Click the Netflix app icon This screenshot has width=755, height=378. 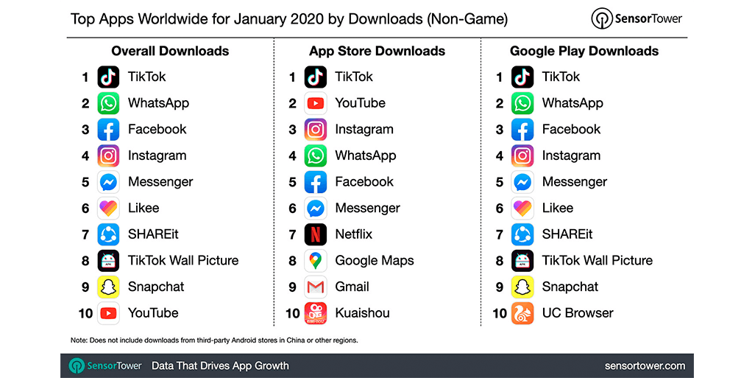point(316,234)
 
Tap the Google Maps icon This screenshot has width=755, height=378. point(316,261)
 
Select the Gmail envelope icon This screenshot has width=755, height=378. point(316,287)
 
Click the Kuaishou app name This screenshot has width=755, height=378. point(362,313)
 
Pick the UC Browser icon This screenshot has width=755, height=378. point(522,313)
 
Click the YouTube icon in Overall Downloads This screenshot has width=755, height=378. point(108,313)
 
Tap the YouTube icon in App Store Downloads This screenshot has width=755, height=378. point(316,103)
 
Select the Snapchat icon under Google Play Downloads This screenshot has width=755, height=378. point(522,287)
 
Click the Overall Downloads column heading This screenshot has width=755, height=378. point(170,51)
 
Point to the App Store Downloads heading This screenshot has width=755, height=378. point(377,51)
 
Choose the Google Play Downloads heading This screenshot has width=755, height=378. point(584,51)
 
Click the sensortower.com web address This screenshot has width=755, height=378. point(645,365)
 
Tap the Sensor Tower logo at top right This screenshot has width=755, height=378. point(637,18)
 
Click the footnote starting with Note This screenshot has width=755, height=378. point(214,340)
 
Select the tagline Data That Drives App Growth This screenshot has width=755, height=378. point(220,365)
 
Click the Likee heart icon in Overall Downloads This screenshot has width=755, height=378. point(108,208)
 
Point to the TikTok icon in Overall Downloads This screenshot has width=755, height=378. point(108,77)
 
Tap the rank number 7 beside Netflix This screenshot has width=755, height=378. point(292,234)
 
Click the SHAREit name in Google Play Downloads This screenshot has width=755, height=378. point(567,234)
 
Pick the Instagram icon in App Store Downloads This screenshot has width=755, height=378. point(316,130)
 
